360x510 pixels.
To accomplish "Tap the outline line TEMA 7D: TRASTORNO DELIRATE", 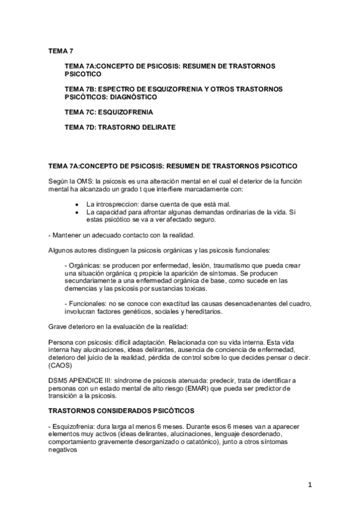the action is click(x=120, y=128).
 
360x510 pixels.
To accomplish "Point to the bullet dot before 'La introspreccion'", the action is click(x=76, y=204).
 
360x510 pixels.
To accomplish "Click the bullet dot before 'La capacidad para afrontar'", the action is click(x=76, y=212).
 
